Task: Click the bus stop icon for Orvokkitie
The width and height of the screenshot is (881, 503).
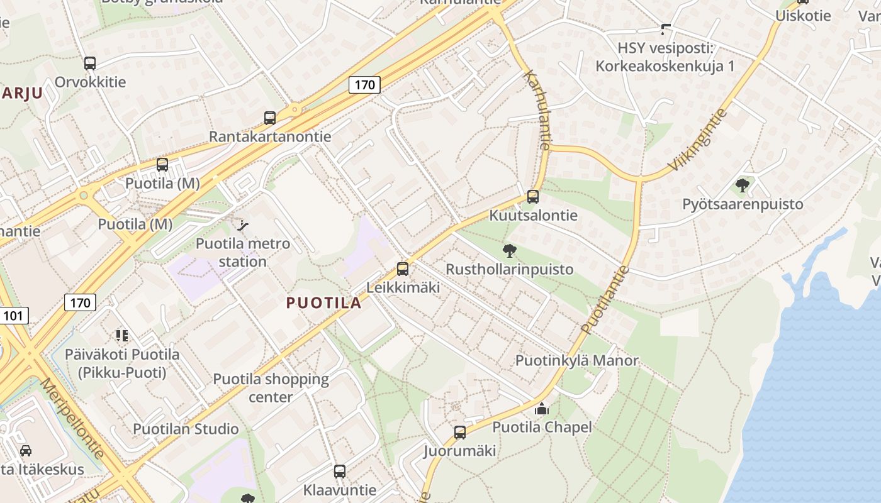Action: tap(90, 63)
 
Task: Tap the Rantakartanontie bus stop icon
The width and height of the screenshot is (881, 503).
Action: tap(270, 118)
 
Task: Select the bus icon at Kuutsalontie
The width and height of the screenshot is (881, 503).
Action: tap(533, 196)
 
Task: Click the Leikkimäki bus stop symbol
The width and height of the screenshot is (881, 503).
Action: tap(403, 269)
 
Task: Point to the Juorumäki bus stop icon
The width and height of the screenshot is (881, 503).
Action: tap(460, 433)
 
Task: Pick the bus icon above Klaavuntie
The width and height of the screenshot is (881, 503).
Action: tap(340, 471)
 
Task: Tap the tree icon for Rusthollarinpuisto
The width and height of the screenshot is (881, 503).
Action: tap(510, 251)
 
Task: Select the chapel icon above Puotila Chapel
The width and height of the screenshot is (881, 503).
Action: tap(542, 409)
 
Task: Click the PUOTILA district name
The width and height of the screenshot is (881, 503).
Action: tap(324, 303)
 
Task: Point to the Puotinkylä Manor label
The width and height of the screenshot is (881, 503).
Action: tap(577, 360)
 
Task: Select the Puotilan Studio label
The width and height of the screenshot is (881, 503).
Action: tap(186, 429)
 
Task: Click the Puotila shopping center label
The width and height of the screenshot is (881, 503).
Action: tap(271, 388)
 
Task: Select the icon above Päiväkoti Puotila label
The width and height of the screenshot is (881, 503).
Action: tap(121, 335)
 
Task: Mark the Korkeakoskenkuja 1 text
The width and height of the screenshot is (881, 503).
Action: tap(665, 66)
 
